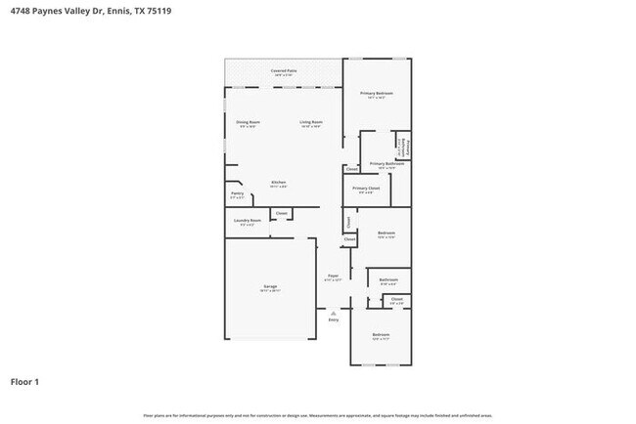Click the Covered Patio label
(x=284, y=70)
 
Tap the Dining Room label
(x=247, y=121)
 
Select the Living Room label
(x=311, y=121)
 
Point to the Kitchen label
(x=278, y=183)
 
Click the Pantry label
(x=237, y=193)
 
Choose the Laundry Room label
(x=247, y=220)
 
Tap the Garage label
(x=269, y=287)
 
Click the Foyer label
(x=334, y=276)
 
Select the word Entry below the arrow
(x=334, y=319)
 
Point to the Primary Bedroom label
(x=377, y=93)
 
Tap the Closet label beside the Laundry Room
(x=281, y=213)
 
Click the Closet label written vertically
(x=348, y=222)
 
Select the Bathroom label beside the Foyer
(x=388, y=280)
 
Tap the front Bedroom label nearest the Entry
(x=381, y=335)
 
